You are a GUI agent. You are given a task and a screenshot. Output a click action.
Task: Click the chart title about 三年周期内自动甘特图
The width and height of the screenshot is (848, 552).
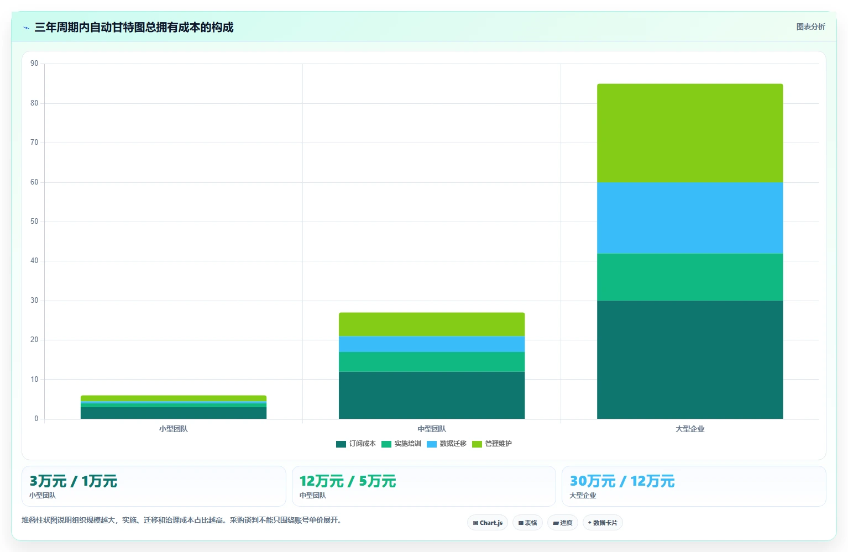pyautogui.click(x=134, y=27)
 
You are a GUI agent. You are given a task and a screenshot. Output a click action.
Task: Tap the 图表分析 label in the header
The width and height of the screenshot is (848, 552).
pyautogui.click(x=810, y=27)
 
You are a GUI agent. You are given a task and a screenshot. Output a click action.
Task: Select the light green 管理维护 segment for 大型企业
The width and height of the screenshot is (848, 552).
pyautogui.click(x=690, y=133)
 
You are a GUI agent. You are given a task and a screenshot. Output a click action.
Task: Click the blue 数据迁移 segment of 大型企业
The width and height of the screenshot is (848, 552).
pyautogui.click(x=690, y=218)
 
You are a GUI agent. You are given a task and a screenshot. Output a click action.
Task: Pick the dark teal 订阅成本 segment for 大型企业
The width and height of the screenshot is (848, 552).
pyautogui.click(x=690, y=360)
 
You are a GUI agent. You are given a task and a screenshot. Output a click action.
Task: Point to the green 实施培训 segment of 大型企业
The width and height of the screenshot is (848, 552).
pyautogui.click(x=690, y=277)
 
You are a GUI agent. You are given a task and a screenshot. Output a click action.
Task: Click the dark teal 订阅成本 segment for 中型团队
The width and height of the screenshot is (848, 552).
pyautogui.click(x=432, y=396)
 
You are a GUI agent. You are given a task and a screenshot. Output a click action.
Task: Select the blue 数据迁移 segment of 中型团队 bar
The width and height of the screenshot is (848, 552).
pyautogui.click(x=432, y=344)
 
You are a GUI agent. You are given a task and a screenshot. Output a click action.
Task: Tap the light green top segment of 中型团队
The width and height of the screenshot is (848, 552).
pyautogui.click(x=432, y=324)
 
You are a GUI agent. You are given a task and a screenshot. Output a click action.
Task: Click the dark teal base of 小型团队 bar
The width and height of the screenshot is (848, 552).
pyautogui.click(x=174, y=413)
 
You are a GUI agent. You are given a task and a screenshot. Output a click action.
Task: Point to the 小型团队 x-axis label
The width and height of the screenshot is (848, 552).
pyautogui.click(x=174, y=429)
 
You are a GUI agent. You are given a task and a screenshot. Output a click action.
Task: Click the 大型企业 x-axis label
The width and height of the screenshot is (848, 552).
pyautogui.click(x=690, y=429)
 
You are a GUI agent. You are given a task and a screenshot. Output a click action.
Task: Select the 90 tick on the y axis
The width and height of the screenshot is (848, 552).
pyautogui.click(x=34, y=63)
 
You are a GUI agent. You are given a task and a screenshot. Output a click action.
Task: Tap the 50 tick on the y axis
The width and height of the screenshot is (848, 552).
pyautogui.click(x=34, y=222)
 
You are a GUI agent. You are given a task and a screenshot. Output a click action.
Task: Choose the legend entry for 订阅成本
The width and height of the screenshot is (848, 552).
pyautogui.click(x=356, y=443)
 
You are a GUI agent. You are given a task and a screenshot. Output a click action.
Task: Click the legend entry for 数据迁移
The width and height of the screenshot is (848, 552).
pyautogui.click(x=446, y=443)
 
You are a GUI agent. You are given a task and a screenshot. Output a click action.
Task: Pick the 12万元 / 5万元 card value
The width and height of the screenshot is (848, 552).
pyautogui.click(x=348, y=481)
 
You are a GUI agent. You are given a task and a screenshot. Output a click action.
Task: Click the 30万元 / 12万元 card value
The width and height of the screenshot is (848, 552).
pyautogui.click(x=622, y=481)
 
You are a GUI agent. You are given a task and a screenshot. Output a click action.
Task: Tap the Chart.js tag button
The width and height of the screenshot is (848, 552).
pyautogui.click(x=488, y=523)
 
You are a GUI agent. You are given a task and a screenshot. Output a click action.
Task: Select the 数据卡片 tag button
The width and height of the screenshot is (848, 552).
pyautogui.click(x=603, y=523)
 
